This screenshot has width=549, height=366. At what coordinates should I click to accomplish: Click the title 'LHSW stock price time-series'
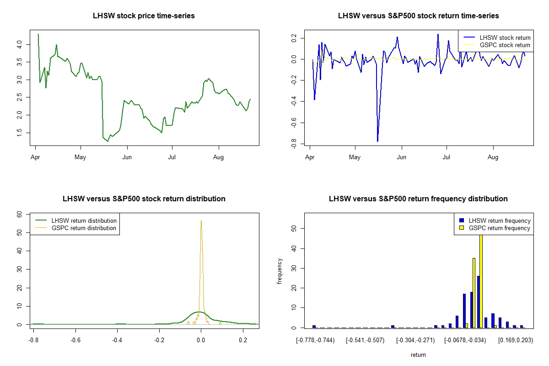[144, 16]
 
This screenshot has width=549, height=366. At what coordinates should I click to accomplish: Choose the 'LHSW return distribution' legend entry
[84, 221]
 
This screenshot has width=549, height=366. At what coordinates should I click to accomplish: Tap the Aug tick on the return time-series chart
[493, 157]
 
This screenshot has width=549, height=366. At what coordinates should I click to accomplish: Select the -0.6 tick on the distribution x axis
[76, 340]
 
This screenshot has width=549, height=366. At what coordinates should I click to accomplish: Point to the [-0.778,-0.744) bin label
[315, 340]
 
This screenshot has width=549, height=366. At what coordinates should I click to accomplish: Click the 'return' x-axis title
[418, 355]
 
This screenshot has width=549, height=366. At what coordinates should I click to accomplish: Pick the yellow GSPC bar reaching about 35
[474, 293]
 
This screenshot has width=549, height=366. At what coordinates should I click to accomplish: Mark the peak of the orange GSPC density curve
[201, 221]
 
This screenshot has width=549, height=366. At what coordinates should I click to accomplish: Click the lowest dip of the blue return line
[377, 141]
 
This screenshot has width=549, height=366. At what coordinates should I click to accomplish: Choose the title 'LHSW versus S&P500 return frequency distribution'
[418, 199]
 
